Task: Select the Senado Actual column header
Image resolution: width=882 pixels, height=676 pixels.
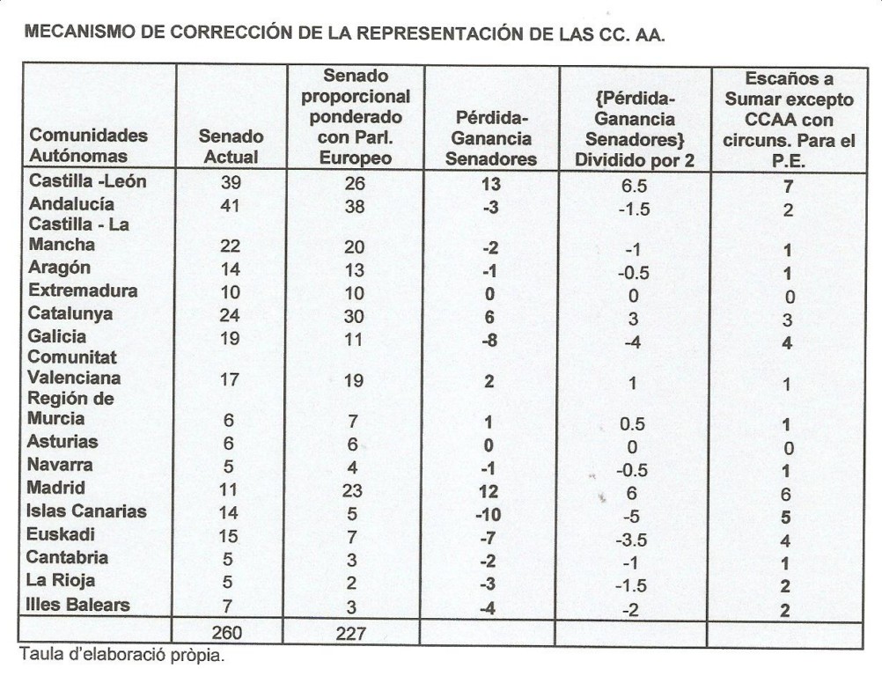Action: point(230,147)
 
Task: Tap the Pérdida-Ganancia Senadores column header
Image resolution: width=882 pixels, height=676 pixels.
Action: point(490,137)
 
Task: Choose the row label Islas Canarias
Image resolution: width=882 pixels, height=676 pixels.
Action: point(86,511)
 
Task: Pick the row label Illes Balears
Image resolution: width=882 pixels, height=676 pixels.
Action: point(77,605)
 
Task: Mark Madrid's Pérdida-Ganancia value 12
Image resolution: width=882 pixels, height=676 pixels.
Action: point(489,489)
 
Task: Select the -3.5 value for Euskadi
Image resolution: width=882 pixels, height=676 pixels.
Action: point(631,538)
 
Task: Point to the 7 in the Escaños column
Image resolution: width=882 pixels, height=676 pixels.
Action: point(788,187)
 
